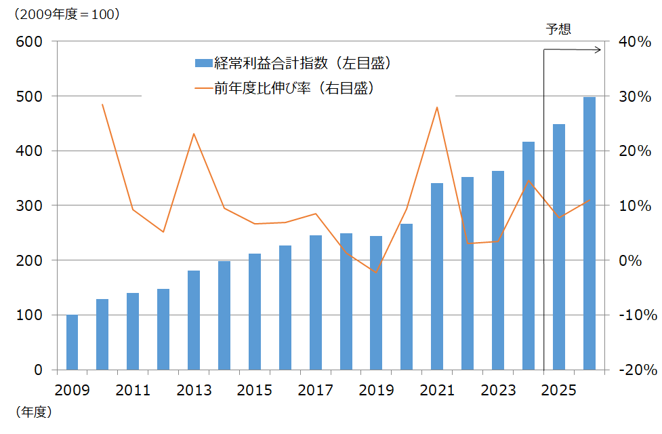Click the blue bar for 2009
click(x=72, y=342)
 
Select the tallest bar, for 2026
click(x=589, y=233)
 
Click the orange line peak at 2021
click(x=437, y=107)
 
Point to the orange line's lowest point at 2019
click(x=376, y=272)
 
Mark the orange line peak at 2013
click(x=194, y=134)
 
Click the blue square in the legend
click(x=203, y=63)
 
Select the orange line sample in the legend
click(x=203, y=88)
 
